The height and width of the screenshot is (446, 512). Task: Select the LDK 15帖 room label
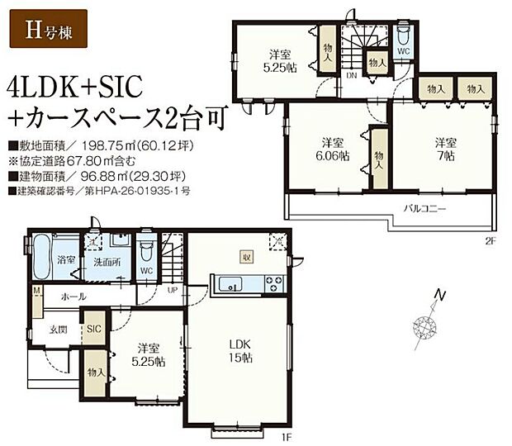tap(240, 351)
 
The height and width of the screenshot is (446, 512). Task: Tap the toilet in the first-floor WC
tap(147, 252)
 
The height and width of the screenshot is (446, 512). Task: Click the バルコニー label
tap(425, 209)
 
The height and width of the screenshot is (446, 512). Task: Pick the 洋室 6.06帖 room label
tap(332, 148)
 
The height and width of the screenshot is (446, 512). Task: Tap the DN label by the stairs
tap(351, 75)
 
